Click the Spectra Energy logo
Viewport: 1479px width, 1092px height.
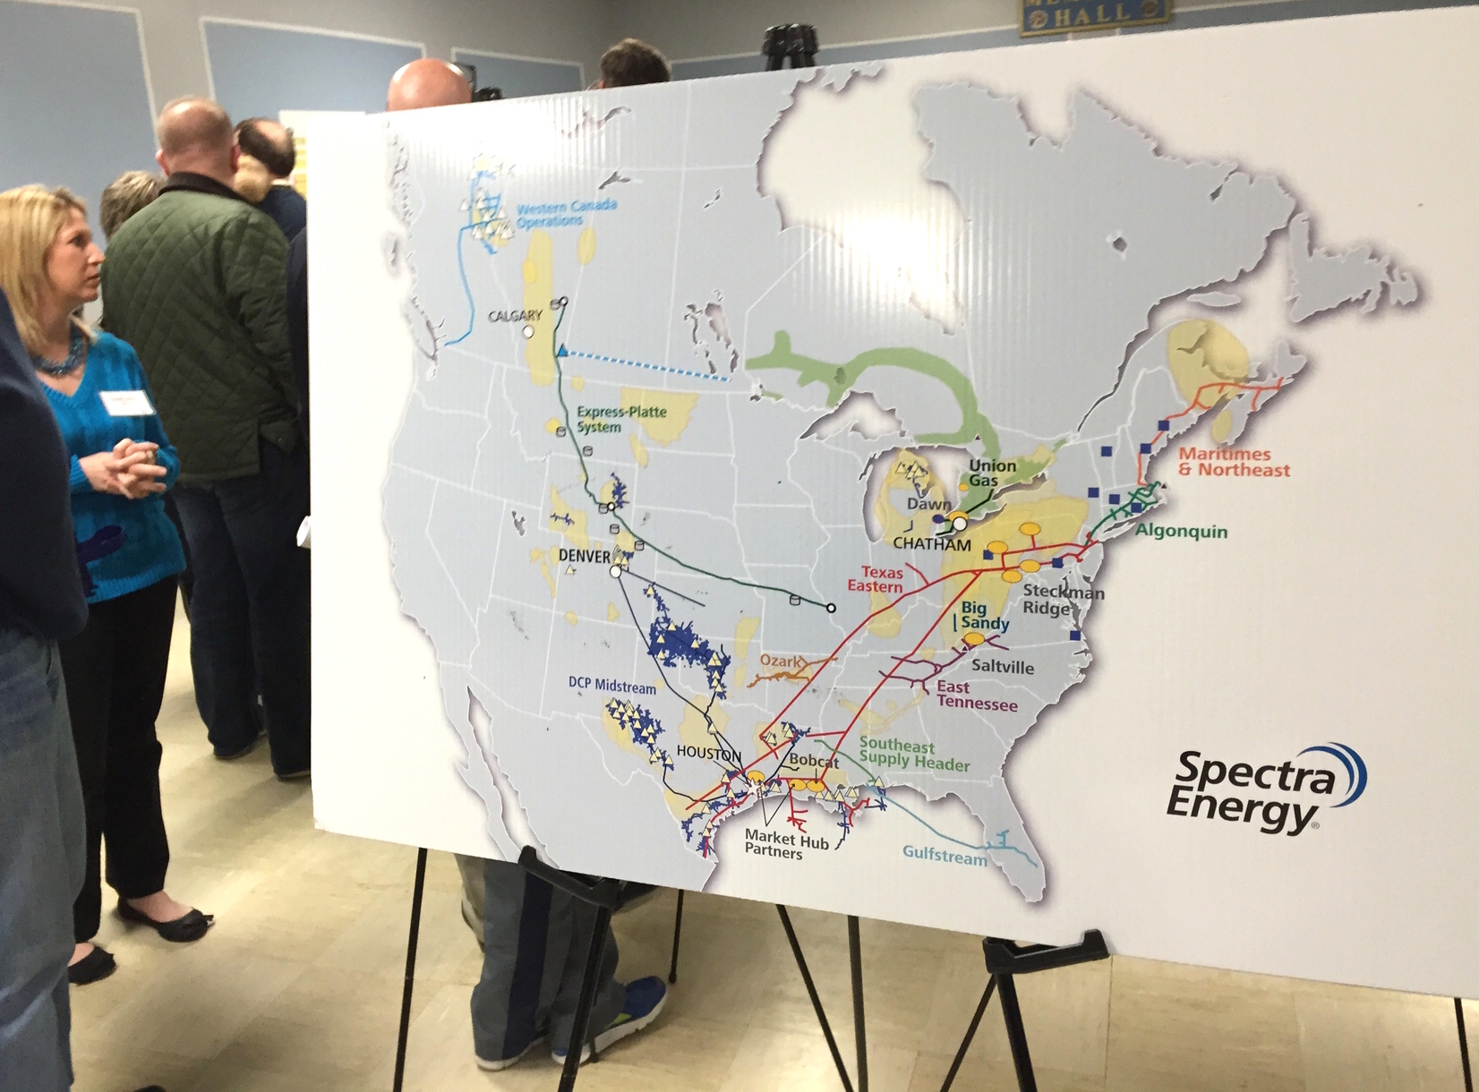(x=1262, y=788)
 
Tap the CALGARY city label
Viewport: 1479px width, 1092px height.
(x=515, y=316)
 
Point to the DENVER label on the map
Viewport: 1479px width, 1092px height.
(x=584, y=556)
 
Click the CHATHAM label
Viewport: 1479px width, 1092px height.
(x=931, y=543)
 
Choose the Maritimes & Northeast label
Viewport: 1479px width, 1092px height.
(x=1234, y=462)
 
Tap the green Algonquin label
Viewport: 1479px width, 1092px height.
(x=1182, y=531)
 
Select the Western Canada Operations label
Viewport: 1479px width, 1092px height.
(x=566, y=213)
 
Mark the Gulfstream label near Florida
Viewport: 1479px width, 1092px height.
(x=944, y=855)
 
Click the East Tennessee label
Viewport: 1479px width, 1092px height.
(x=976, y=695)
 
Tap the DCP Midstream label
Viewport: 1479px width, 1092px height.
(x=611, y=686)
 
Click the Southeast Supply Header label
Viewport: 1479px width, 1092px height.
(x=913, y=755)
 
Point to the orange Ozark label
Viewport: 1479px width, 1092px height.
(x=780, y=661)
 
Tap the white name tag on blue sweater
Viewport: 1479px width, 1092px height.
(x=125, y=402)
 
